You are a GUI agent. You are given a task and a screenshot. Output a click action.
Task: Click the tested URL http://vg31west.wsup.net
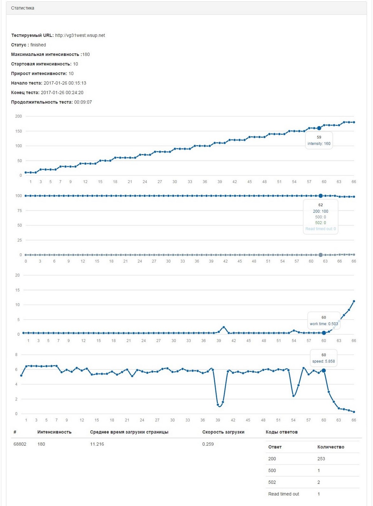(80, 35)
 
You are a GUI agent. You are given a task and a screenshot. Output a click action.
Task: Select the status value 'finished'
(38, 45)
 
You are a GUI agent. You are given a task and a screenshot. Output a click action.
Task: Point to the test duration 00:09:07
(83, 102)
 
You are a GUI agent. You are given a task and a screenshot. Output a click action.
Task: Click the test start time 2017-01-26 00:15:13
(65, 83)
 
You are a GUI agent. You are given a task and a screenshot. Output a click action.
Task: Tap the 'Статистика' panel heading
(23, 8)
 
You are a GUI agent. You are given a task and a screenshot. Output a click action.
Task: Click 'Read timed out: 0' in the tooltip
(320, 229)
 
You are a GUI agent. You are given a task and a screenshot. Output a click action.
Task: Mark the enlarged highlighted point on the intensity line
(319, 128)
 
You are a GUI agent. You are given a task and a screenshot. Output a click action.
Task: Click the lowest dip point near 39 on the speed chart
(218, 405)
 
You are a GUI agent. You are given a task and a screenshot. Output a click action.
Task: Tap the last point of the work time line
(354, 301)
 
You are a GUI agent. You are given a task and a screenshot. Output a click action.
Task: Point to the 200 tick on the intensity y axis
(18, 116)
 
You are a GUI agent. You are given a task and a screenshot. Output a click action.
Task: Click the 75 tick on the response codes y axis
(19, 211)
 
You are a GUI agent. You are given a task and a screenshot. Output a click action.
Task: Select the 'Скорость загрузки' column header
(223, 432)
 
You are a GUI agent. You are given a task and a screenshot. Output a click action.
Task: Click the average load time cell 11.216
(97, 444)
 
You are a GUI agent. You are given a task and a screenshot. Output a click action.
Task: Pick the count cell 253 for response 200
(321, 459)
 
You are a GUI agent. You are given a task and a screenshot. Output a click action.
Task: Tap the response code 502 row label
(272, 482)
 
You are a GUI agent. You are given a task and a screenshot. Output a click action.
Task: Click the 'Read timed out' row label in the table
(283, 494)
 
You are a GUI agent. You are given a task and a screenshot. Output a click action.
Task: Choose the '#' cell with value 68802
(20, 444)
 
